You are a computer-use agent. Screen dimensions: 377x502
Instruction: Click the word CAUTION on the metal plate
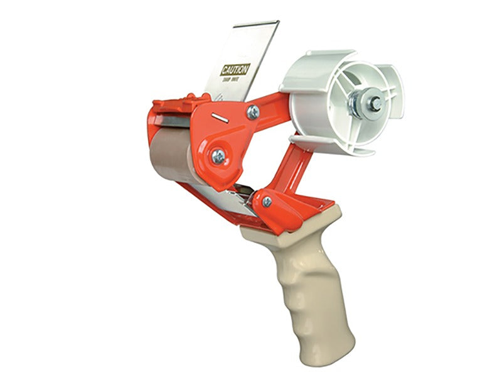(x=235, y=68)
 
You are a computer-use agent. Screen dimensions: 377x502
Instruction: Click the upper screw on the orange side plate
(x=253, y=112)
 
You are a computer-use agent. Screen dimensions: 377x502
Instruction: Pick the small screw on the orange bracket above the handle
(x=267, y=201)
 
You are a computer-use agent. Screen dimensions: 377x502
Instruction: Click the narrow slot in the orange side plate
(x=219, y=117)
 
